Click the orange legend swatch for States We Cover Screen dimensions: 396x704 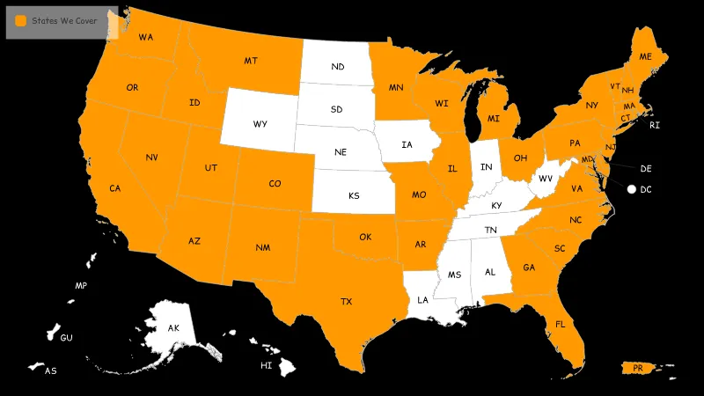20,20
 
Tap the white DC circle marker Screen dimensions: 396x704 631,189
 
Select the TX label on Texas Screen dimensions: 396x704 347,302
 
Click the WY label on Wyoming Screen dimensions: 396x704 260,124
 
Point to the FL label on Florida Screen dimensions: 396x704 561,324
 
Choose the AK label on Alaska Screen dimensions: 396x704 174,328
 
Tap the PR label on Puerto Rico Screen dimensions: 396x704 637,369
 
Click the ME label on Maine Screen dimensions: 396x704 646,56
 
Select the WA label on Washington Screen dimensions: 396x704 146,37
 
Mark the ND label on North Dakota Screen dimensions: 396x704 338,67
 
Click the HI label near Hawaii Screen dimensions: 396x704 266,365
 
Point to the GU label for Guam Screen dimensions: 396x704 66,338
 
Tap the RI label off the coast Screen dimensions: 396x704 655,126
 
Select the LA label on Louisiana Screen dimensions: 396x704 423,300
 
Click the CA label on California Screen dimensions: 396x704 115,188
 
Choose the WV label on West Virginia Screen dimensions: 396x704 546,179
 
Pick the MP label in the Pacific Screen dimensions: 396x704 81,286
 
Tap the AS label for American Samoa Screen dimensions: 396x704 51,371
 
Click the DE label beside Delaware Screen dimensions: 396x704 646,168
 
